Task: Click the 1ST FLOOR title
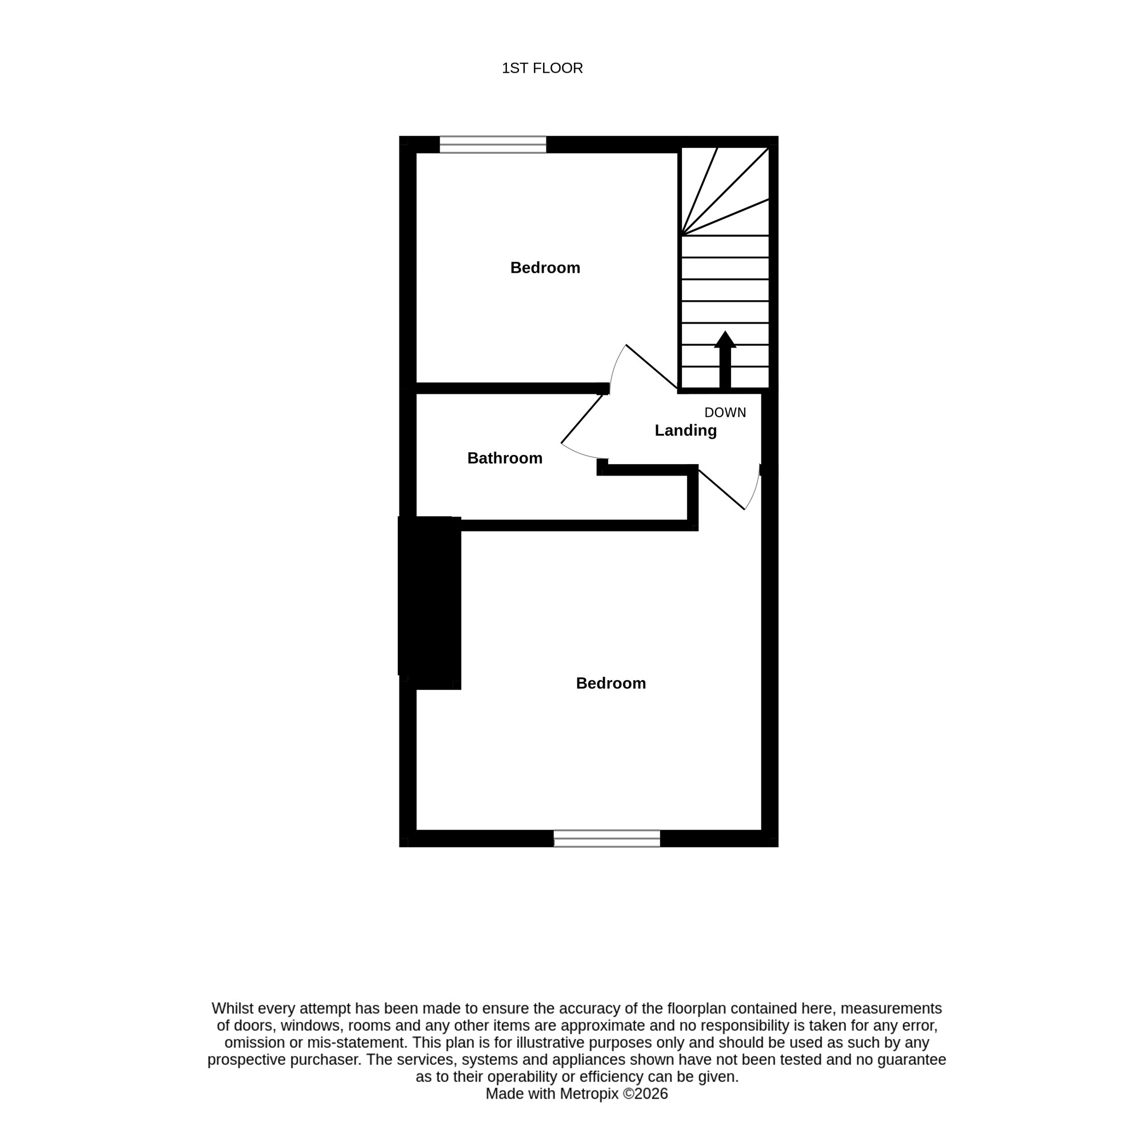click(542, 68)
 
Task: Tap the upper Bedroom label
click(545, 267)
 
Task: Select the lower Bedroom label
click(610, 683)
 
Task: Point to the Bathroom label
click(504, 458)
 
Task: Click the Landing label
click(685, 431)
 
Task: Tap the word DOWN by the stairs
click(725, 413)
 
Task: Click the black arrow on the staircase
click(725, 359)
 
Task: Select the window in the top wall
click(493, 145)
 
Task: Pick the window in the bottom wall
click(606, 838)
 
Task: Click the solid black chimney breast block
click(430, 603)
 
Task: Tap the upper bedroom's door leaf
click(652, 366)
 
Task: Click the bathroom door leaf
click(582, 418)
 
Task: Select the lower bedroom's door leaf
click(721, 489)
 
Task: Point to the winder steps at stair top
click(725, 191)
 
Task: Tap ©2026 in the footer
click(645, 1093)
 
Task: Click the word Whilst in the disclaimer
click(233, 1008)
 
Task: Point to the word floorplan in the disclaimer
click(694, 1008)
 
